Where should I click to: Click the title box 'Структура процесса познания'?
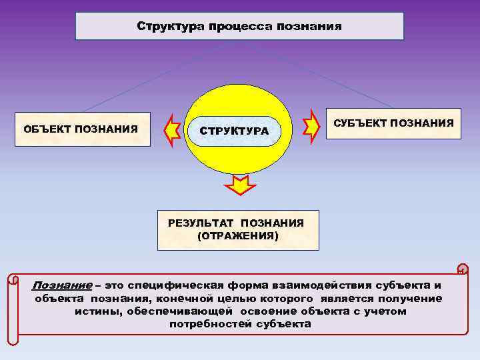239,27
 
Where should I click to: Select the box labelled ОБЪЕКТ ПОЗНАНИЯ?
81,129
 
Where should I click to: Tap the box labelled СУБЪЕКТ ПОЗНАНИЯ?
393,123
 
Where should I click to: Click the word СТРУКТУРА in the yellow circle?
234,131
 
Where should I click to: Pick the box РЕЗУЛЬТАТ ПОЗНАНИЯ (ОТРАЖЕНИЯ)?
238,230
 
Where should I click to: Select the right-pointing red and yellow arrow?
311,124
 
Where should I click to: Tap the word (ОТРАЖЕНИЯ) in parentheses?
238,236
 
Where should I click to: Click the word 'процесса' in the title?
235,27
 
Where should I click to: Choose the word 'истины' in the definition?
95,311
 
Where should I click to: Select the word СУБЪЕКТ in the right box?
360,123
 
